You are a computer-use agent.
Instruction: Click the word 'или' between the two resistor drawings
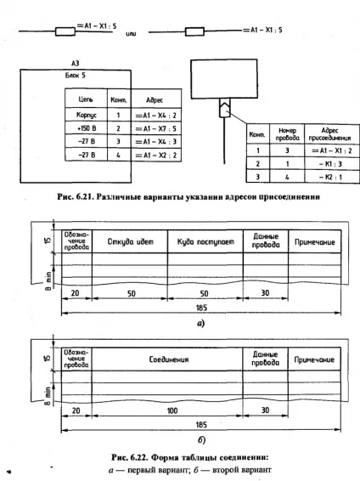[x=131, y=34]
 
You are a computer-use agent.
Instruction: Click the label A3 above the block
[x=75, y=63]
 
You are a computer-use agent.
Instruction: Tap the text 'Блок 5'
[x=75, y=76]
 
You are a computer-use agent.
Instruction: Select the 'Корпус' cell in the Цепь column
[x=86, y=115]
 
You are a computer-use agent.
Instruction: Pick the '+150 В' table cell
[x=87, y=128]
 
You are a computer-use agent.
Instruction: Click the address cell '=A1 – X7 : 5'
[x=156, y=128]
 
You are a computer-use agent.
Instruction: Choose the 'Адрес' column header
[x=155, y=100]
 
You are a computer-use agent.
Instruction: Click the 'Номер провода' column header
[x=287, y=134]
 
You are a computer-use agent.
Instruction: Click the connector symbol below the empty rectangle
[x=225, y=108]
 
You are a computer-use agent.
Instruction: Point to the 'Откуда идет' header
[x=130, y=241]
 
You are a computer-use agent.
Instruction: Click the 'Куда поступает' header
[x=205, y=242]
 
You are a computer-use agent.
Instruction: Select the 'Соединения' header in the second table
[x=169, y=359]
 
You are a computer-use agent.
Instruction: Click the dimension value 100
[x=172, y=410]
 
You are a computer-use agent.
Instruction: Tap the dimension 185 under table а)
[x=201, y=308]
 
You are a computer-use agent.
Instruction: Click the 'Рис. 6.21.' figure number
[x=75, y=196]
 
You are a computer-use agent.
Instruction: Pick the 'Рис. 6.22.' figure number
[x=130, y=457]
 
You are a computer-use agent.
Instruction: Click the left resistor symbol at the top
[x=65, y=31]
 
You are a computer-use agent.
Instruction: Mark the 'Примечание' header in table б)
[x=314, y=359]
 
